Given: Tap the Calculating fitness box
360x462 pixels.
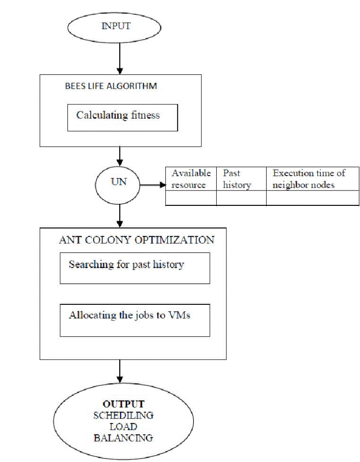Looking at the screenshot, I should pyautogui.click(x=119, y=115).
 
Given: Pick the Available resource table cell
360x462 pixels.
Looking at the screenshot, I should pyautogui.click(x=191, y=179).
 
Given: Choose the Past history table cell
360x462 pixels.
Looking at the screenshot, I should pyautogui.click(x=241, y=179).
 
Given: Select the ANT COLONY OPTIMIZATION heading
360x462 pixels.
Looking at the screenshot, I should pyautogui.click(x=137, y=240).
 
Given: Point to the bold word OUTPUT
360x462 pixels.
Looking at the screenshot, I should pyautogui.click(x=124, y=404).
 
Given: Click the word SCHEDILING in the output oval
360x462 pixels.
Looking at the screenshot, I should pyautogui.click(x=123, y=415).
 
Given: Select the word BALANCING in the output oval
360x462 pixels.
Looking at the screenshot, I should pyautogui.click(x=123, y=437).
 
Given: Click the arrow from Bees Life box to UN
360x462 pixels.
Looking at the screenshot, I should pyautogui.click(x=120, y=156).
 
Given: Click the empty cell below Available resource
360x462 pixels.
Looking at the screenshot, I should pyautogui.click(x=191, y=198).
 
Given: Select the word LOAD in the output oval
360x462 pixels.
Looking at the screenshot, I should pyautogui.click(x=123, y=426).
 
